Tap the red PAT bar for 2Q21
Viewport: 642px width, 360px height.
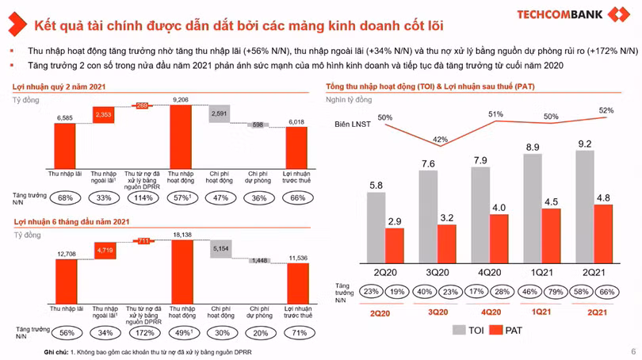[x=604, y=232]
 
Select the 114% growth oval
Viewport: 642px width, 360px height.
[x=143, y=197]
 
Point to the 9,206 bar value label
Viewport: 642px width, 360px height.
[x=182, y=100]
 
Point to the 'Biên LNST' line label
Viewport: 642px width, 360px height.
[x=351, y=125]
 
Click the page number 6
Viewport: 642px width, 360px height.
[x=632, y=351]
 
